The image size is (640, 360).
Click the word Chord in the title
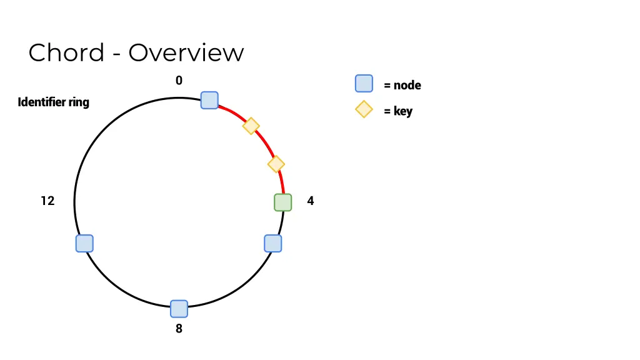66,52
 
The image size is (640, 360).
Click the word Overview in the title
186,52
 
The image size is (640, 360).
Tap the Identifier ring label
54,102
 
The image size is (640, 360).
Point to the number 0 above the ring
179,81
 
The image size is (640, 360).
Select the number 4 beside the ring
311,201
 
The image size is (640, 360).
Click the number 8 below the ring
179,328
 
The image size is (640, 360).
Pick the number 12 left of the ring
48,201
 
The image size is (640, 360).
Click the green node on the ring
283,202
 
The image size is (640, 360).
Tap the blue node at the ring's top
209,100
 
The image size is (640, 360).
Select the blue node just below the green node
273,244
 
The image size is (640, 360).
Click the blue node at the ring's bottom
179,309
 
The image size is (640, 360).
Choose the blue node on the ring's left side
84,244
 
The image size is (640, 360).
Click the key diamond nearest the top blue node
251,126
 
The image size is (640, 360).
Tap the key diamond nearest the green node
276,164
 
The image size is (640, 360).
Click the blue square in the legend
364,84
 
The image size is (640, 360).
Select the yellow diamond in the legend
364,109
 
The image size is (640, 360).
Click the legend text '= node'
402,86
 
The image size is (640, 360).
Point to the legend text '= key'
398,112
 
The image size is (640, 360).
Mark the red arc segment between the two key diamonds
265,144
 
